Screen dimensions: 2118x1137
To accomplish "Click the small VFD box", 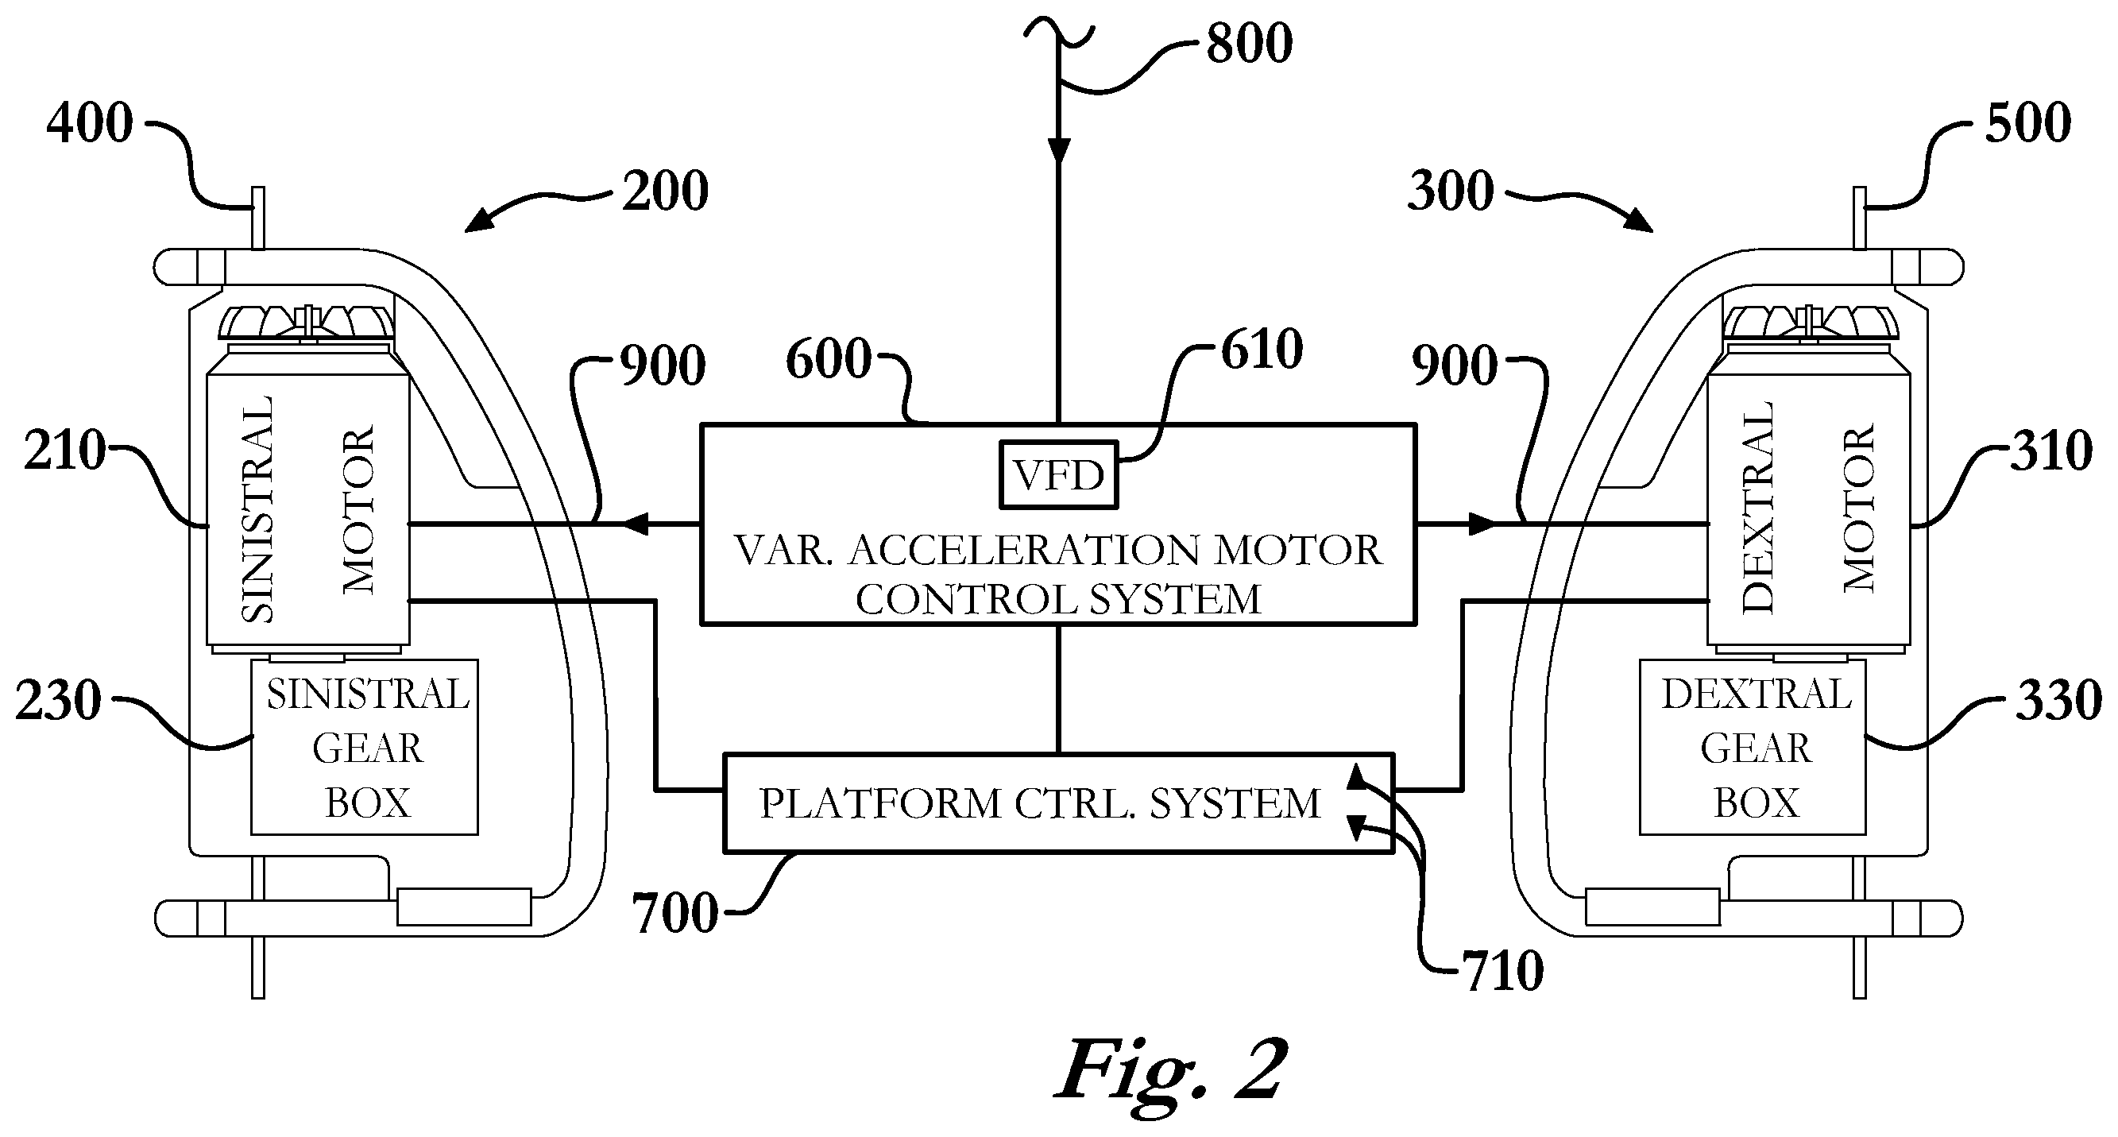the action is (1058, 474).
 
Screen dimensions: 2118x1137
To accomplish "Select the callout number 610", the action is (1262, 350).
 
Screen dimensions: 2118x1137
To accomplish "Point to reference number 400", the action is (90, 123).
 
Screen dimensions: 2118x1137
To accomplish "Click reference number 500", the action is (2028, 123).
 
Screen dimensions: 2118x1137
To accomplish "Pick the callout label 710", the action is (1502, 971).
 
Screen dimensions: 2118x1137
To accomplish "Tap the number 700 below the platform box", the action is (675, 913).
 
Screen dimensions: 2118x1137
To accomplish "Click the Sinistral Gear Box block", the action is (364, 748).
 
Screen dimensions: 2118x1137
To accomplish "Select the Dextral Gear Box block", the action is (1753, 748).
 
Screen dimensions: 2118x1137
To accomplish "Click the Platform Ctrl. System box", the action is (1058, 802).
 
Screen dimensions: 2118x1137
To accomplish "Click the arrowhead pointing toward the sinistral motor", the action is (635, 523).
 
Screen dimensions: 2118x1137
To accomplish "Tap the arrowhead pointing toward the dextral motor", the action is (1482, 523).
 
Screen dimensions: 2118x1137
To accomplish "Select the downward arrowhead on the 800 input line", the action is (1059, 150).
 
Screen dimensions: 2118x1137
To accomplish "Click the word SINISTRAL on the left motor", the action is (257, 510).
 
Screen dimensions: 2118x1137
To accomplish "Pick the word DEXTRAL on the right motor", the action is (1758, 506).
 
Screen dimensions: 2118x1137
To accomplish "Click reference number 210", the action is (65, 451).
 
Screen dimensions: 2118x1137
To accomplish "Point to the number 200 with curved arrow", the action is (665, 191).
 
